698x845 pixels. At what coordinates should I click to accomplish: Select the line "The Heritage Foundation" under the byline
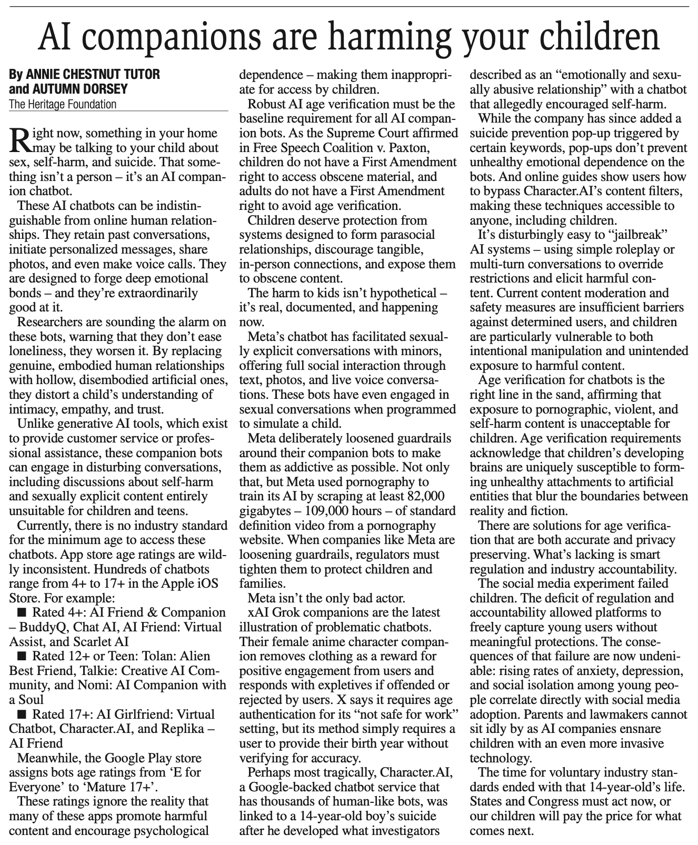tap(63, 104)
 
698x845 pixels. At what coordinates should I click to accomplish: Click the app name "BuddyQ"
tap(40, 627)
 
